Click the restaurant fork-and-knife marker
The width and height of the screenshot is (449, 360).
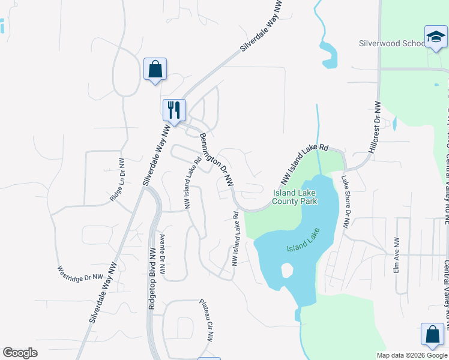(x=174, y=110)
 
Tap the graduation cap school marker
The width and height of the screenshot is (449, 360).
(x=436, y=38)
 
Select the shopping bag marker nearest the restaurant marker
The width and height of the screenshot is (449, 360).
(x=155, y=69)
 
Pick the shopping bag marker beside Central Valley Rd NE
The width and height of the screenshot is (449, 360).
(x=432, y=335)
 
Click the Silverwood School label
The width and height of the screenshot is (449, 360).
(x=391, y=44)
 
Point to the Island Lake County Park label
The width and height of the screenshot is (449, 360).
(x=295, y=197)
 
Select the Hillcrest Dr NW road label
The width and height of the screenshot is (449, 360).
(x=377, y=127)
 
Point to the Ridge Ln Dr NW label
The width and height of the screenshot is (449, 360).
(x=117, y=180)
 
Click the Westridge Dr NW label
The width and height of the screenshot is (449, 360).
(x=81, y=274)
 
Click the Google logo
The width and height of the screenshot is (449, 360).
(x=20, y=353)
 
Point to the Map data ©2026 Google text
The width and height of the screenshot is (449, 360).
(x=412, y=355)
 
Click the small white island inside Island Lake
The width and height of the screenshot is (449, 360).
(x=286, y=271)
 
